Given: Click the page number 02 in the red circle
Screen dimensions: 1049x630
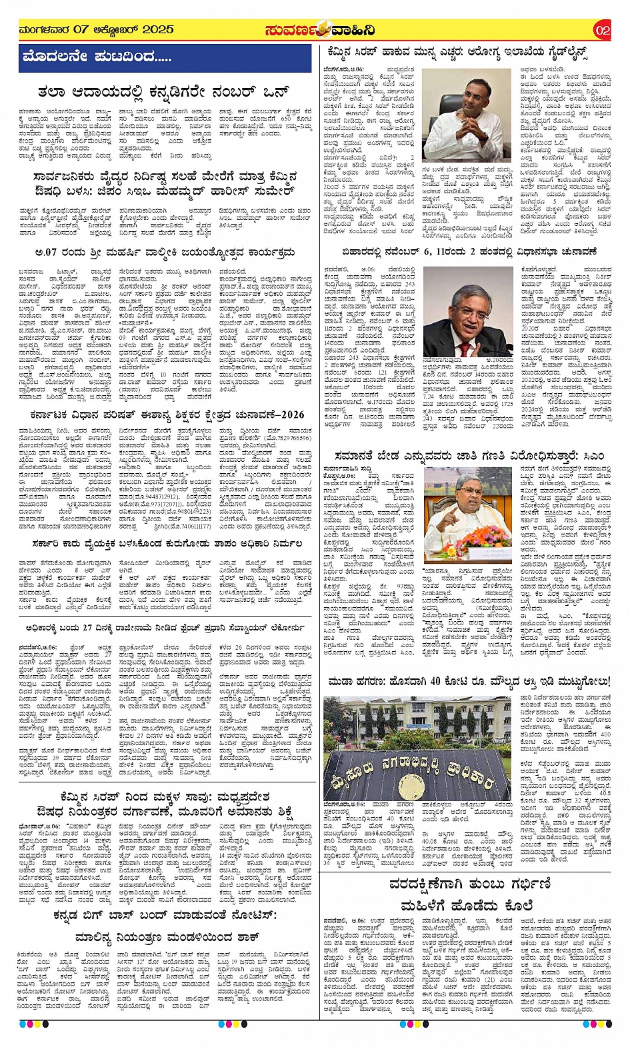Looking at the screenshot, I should [602, 30].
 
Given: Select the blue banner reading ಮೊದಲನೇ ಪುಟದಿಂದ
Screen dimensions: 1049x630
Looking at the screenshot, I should [97, 57].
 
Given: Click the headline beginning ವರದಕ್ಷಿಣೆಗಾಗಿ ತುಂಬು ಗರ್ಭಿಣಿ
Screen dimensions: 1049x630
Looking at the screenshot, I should [471, 884].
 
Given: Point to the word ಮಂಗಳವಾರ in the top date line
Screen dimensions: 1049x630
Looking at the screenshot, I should [44, 29].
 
